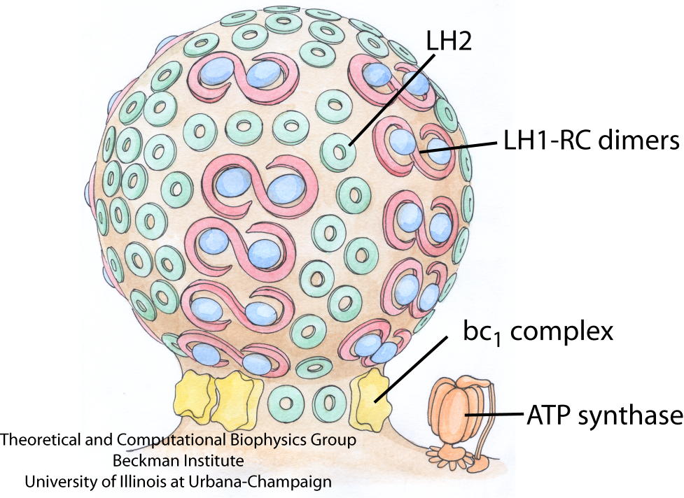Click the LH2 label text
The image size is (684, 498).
(447, 43)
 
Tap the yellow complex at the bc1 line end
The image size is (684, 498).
(371, 399)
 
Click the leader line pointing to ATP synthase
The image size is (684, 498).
(497, 415)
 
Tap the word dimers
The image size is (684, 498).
(640, 142)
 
